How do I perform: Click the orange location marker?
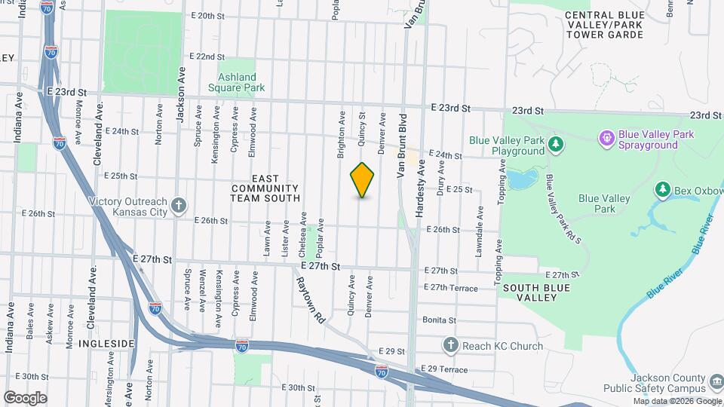coord(363,179)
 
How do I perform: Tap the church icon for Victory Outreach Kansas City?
coord(178,205)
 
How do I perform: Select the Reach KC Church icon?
coord(450,345)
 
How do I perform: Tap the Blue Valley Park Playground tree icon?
coord(556,143)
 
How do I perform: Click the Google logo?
coord(25,397)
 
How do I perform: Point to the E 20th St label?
coord(208,15)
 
